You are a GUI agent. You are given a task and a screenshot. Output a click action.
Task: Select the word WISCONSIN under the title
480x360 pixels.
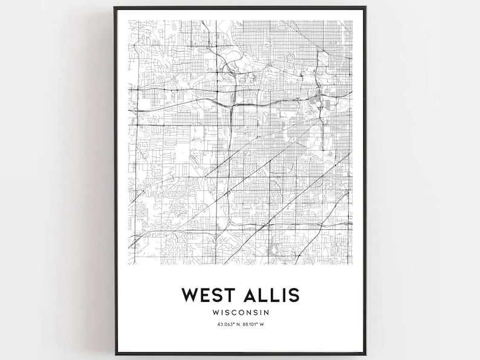[x=239, y=313]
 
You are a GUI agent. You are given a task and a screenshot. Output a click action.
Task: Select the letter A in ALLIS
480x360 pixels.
[x=250, y=295]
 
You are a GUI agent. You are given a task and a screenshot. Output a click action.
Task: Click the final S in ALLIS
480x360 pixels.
[x=293, y=295]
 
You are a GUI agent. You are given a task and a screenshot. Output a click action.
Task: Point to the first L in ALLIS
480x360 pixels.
[x=264, y=295]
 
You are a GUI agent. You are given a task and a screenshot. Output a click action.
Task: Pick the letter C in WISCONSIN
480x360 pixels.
[x=234, y=313]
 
